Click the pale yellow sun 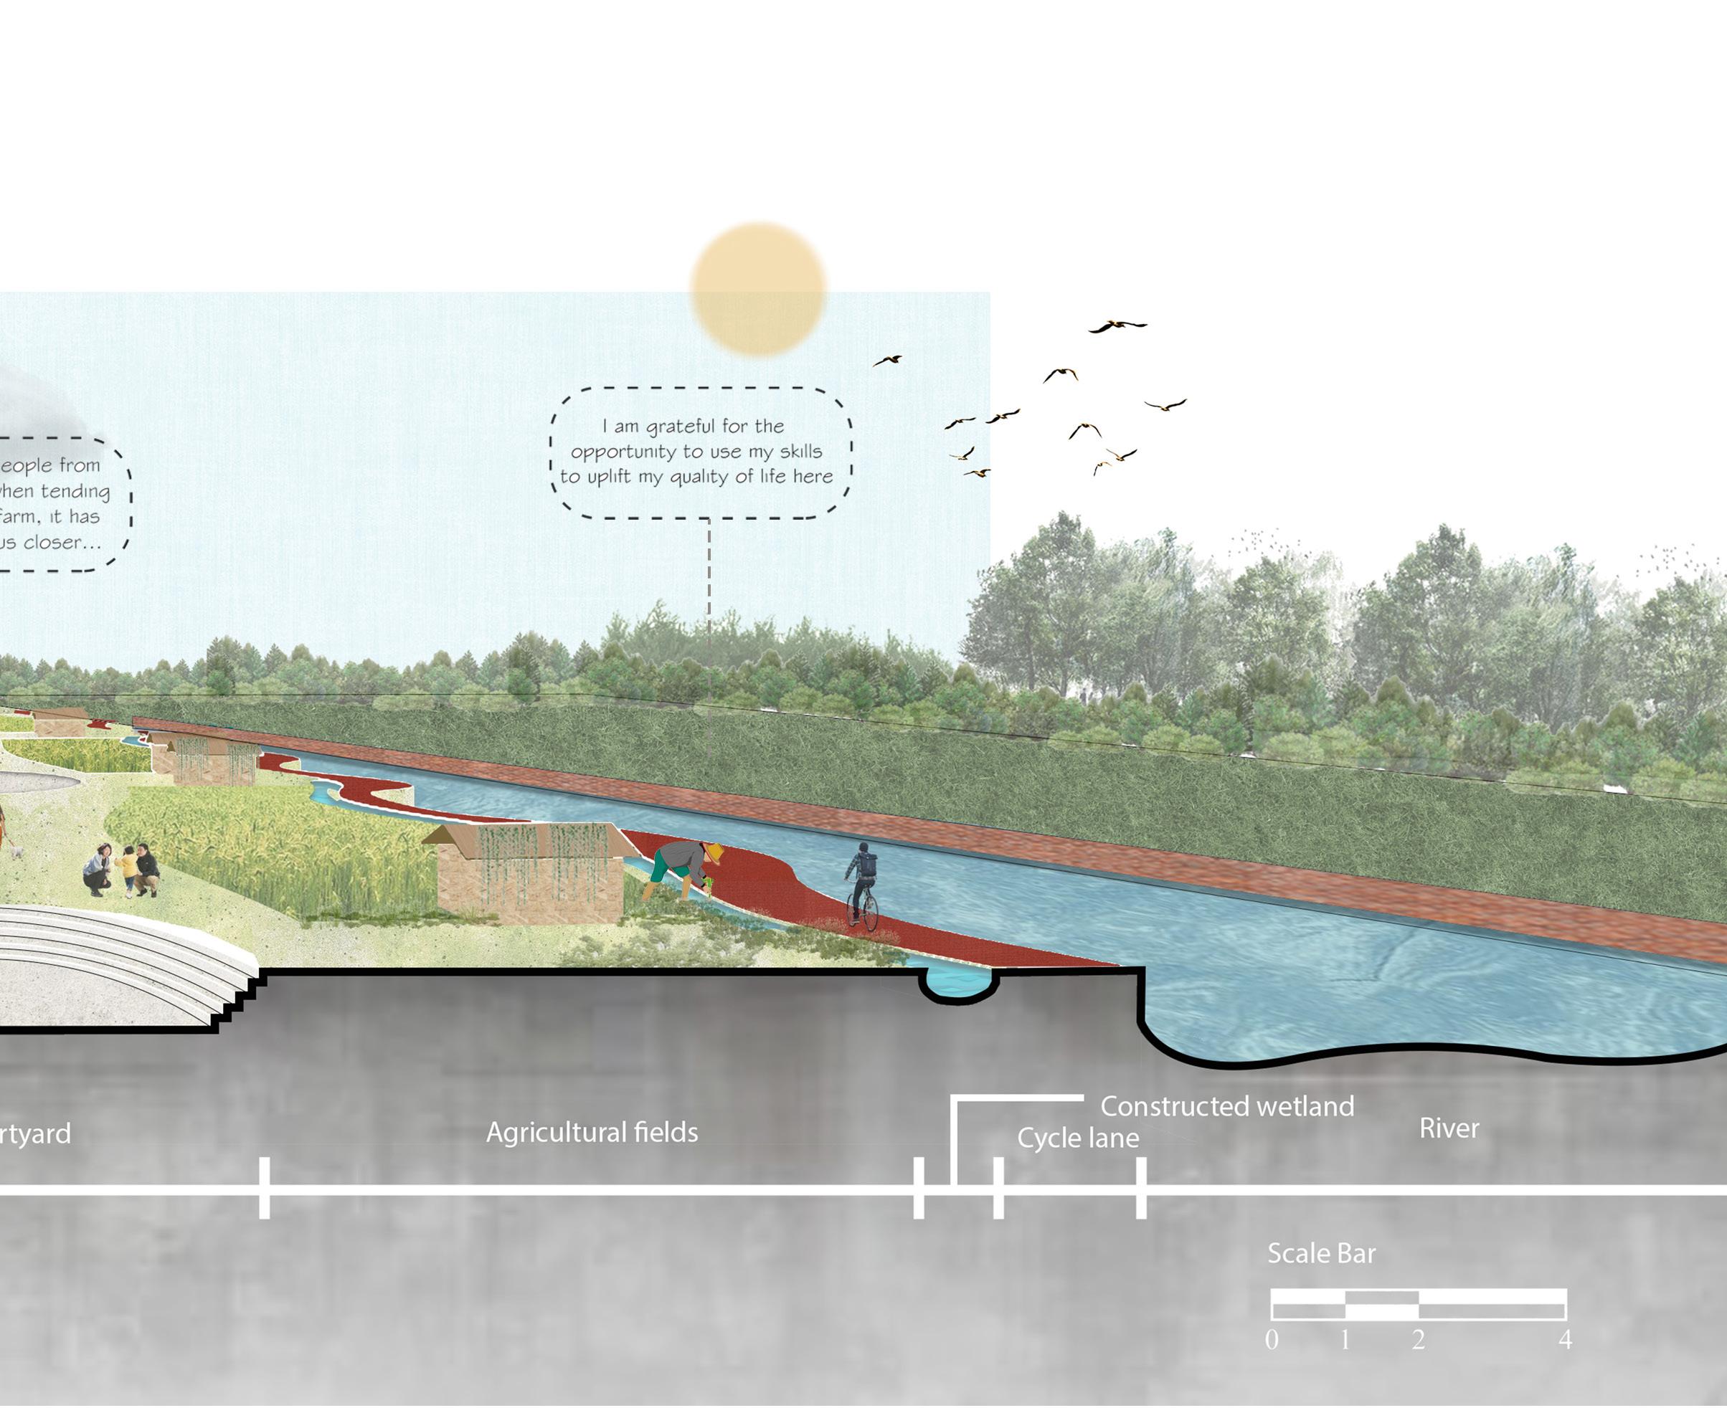[757, 290]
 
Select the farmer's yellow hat [714, 852]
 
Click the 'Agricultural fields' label [592, 1132]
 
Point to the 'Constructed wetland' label [1226, 1106]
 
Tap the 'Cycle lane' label [1077, 1138]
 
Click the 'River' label [1449, 1128]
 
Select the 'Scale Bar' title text [1321, 1253]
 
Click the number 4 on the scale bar [1565, 1340]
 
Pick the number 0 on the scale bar [1271, 1340]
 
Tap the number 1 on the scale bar [1345, 1340]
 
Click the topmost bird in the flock [1117, 326]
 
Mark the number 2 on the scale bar [1418, 1340]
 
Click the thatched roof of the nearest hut [527, 838]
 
